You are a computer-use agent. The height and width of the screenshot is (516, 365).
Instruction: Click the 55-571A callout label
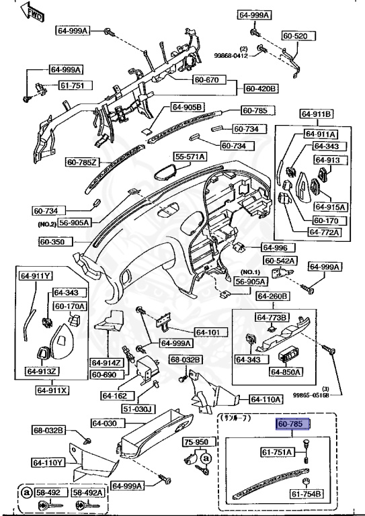(x=191, y=157)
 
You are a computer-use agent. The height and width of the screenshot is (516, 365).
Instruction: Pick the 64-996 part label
(x=274, y=247)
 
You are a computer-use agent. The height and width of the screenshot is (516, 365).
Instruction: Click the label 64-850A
(x=286, y=371)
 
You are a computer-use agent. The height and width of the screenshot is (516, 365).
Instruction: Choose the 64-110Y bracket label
(x=47, y=462)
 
